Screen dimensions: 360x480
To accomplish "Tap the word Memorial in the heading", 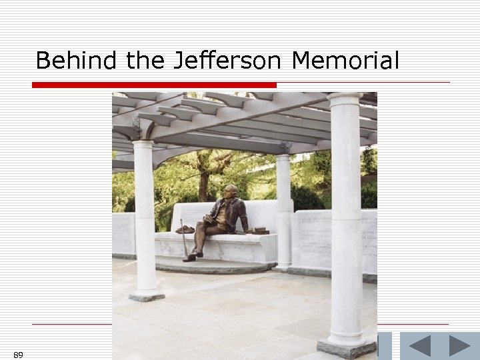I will tap(345, 61).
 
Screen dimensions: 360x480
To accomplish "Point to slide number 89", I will tap(18, 355).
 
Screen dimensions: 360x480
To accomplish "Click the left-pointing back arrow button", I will tap(419, 346).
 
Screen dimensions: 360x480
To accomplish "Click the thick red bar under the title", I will tap(154, 85).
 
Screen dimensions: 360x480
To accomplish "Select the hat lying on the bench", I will tap(185, 229).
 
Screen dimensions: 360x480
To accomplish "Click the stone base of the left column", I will tap(146, 295).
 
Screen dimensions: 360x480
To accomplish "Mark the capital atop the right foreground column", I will tap(345, 100).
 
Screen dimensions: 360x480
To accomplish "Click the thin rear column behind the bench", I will tap(283, 207).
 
